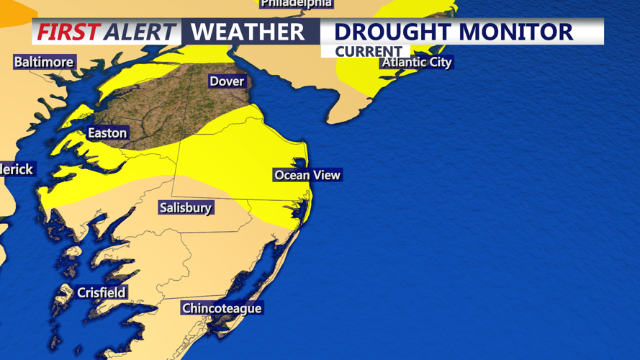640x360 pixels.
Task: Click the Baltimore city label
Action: [x=44, y=62]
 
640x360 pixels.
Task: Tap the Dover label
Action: [x=227, y=81]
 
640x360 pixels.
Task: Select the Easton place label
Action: [x=107, y=133]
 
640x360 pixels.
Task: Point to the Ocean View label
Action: [x=307, y=175]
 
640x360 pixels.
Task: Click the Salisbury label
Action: [x=186, y=208]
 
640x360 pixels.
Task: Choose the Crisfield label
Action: [x=102, y=292]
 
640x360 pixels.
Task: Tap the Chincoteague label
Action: [x=222, y=309]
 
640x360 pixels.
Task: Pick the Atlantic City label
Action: [x=417, y=63]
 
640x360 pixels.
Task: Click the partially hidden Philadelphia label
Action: [x=297, y=4]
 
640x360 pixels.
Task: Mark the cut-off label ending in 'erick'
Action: [x=17, y=169]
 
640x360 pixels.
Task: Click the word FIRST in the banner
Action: [x=68, y=32]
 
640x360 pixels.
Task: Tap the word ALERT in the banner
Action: [x=140, y=32]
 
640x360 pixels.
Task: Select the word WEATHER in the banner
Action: [x=248, y=32]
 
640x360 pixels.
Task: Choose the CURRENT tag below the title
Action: [x=369, y=52]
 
